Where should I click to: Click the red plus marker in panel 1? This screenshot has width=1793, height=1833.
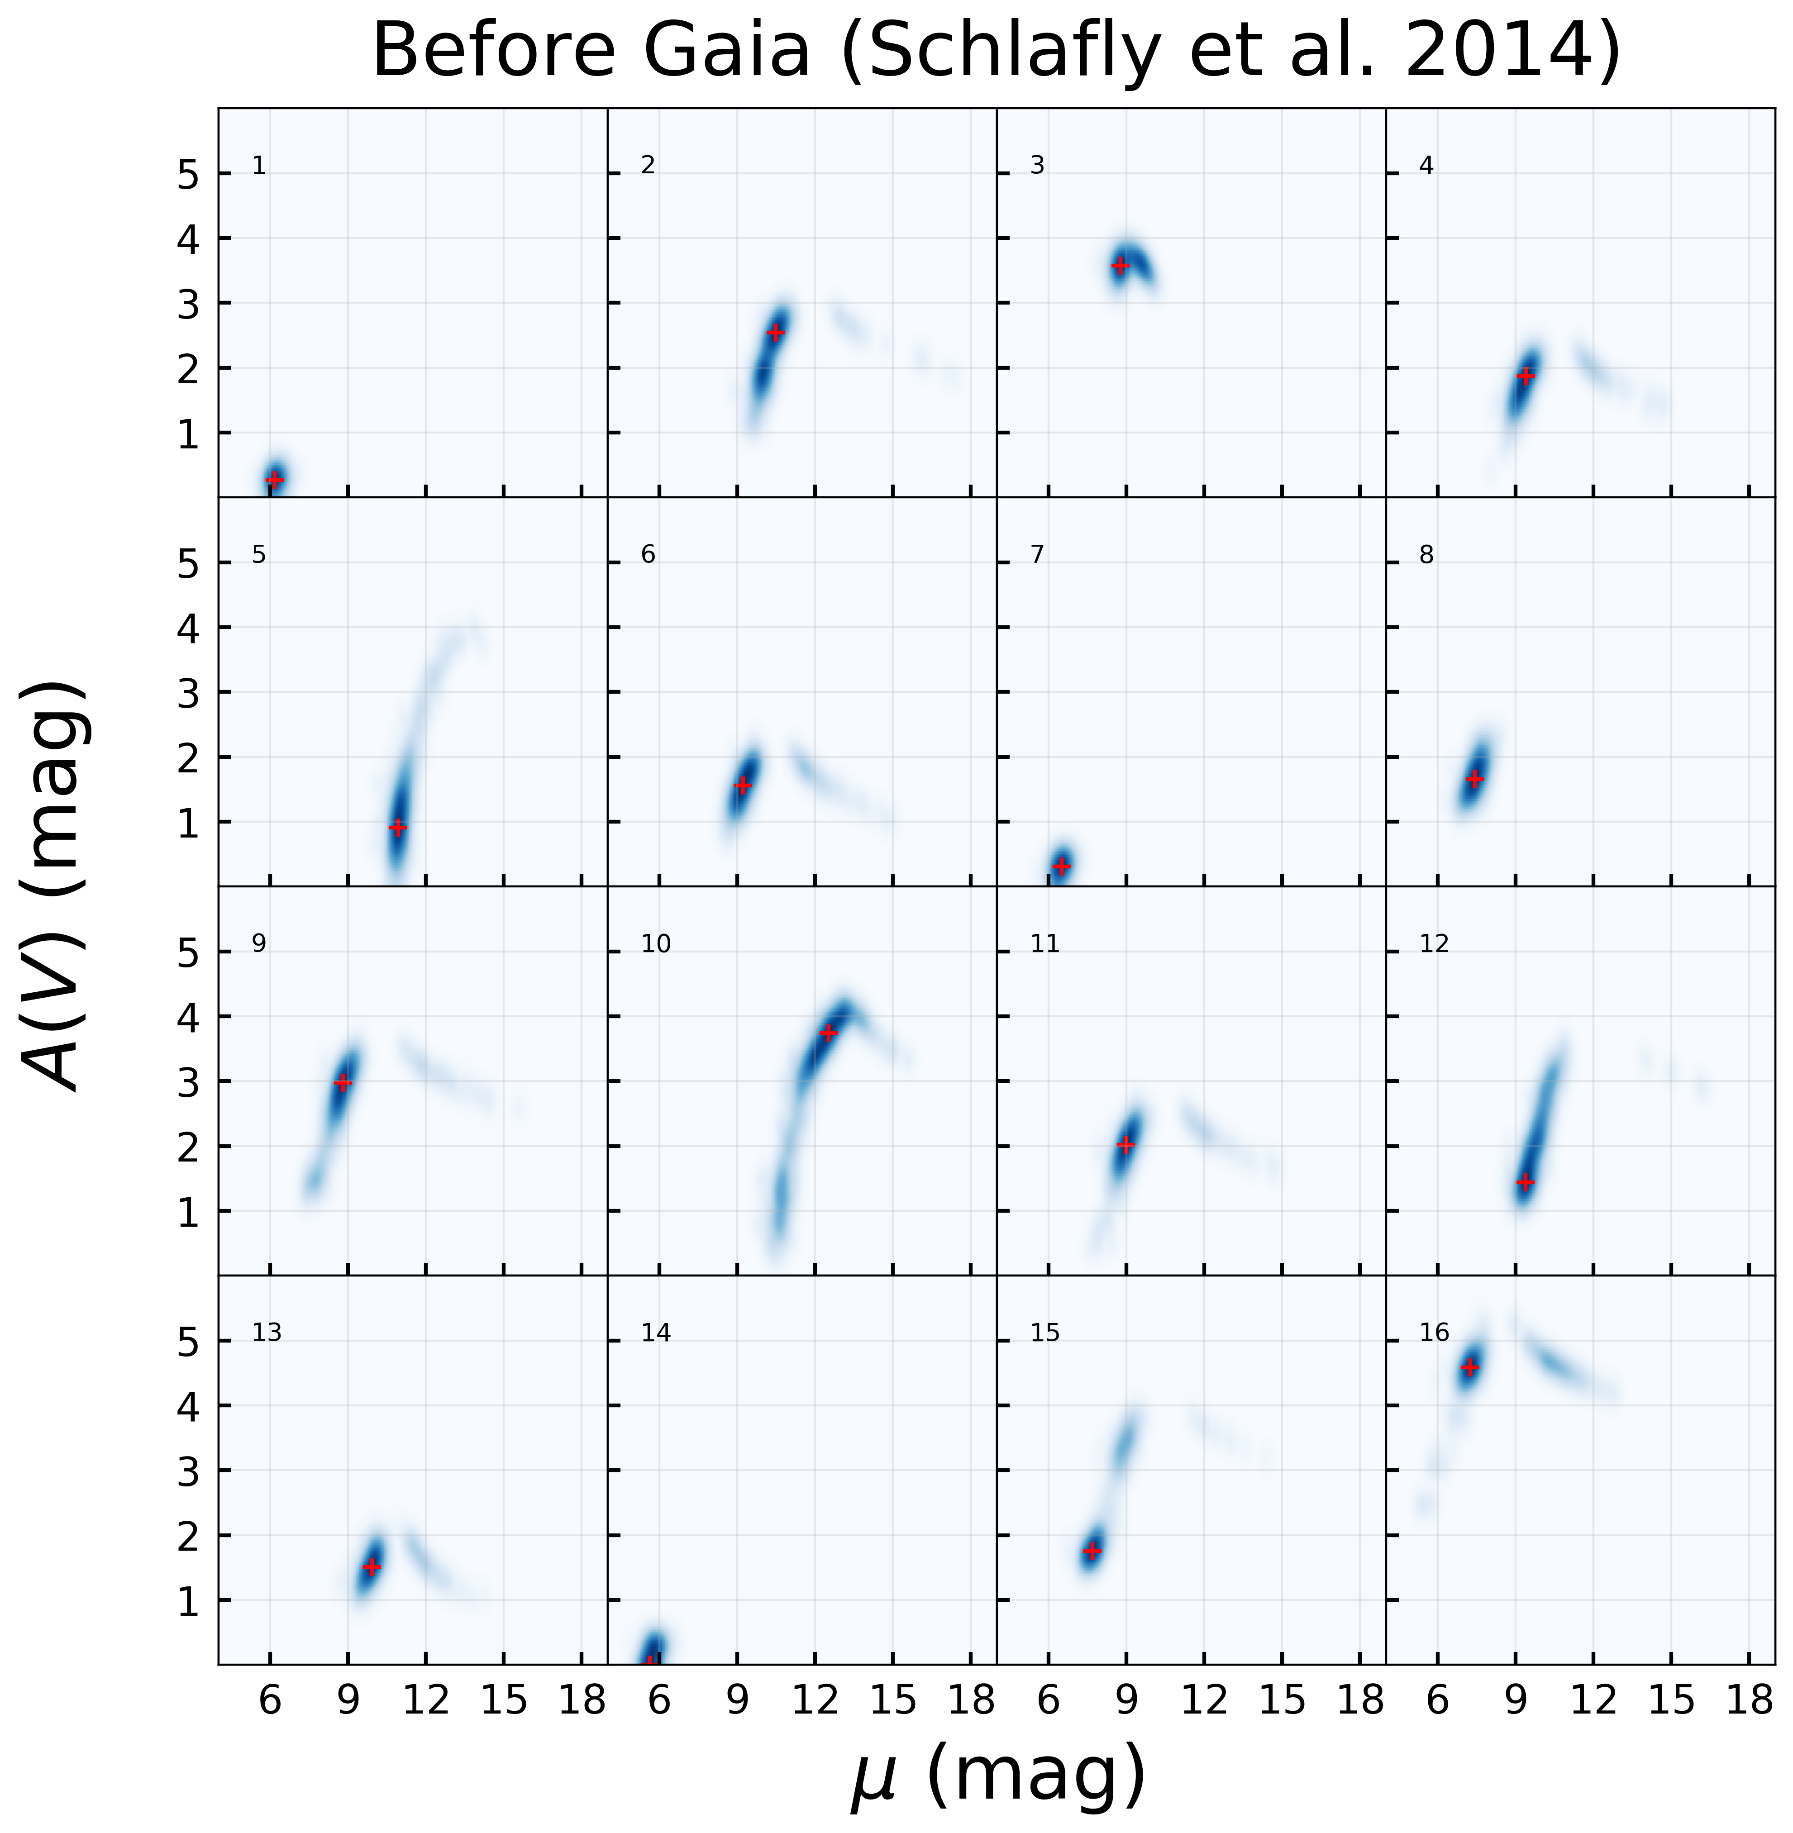point(274,479)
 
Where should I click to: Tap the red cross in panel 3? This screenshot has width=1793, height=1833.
point(1120,266)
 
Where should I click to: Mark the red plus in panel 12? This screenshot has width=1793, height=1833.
point(1526,1182)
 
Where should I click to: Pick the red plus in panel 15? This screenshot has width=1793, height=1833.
point(1092,1551)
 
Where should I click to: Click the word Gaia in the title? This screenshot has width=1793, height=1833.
point(725,52)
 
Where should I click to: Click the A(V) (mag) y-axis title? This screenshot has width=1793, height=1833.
point(55,885)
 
